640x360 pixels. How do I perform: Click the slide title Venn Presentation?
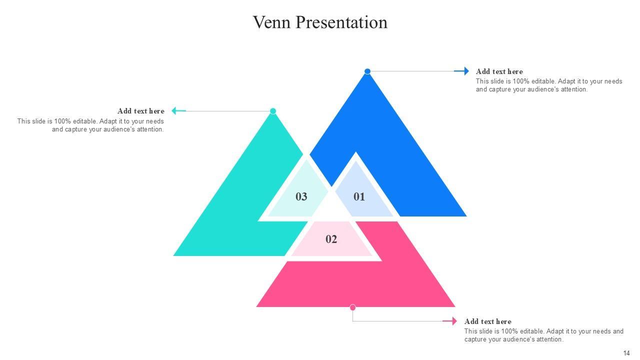[x=320, y=22]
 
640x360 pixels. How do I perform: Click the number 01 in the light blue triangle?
[x=359, y=196]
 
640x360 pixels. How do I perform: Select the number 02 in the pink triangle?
[x=331, y=239]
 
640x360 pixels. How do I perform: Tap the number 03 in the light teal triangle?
[x=301, y=196]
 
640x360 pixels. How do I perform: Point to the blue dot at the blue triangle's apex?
[x=367, y=71]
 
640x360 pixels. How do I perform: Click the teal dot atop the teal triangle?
[x=273, y=111]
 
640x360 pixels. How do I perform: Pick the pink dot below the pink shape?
[x=353, y=307]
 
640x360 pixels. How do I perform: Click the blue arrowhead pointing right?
[x=465, y=71]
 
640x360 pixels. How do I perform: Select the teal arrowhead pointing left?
[x=175, y=111]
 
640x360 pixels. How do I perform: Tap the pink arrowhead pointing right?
[x=453, y=321]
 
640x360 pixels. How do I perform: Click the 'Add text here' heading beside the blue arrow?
[x=499, y=71]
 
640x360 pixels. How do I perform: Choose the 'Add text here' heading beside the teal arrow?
[x=140, y=111]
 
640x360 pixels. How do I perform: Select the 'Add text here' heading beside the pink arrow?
[x=487, y=321]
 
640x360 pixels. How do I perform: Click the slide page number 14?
[x=626, y=353]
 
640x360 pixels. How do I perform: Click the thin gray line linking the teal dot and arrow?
[x=227, y=111]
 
